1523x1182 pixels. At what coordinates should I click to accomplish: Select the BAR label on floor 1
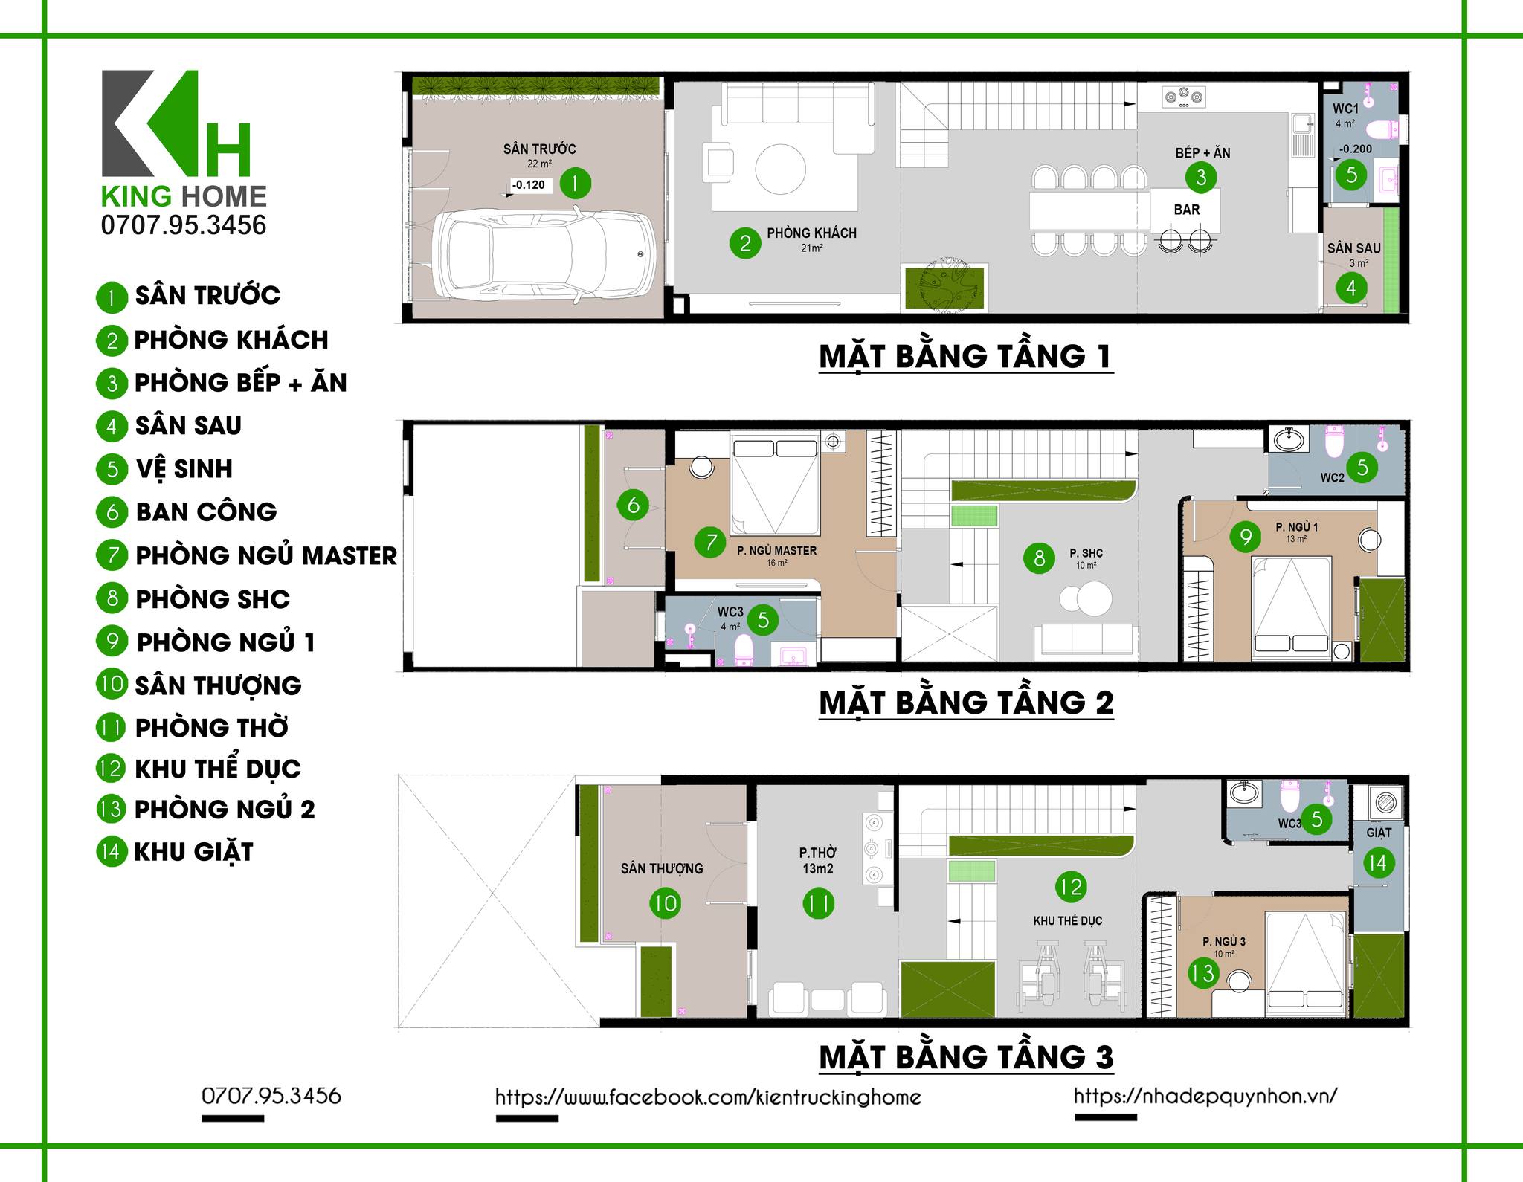(1186, 210)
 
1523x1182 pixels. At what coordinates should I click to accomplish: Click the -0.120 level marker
(529, 185)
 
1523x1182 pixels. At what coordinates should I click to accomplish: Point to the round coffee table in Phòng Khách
(780, 169)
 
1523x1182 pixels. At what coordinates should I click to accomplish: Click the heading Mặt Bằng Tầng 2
(966, 703)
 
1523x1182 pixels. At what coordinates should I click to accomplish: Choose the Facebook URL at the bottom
(708, 1097)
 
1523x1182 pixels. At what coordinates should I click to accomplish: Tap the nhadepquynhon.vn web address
(1205, 1096)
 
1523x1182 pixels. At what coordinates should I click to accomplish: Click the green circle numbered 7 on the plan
(711, 542)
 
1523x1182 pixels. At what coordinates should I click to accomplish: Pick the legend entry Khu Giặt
(175, 852)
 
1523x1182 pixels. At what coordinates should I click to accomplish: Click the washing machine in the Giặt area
(1385, 803)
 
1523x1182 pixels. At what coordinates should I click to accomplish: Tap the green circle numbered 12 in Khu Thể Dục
(1071, 886)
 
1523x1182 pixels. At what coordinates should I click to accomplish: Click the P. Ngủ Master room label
(776, 551)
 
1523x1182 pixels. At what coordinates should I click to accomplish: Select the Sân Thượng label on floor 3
(662, 868)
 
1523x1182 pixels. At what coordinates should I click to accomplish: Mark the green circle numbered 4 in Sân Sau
(1351, 288)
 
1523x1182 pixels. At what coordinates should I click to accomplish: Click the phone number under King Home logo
(184, 225)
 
